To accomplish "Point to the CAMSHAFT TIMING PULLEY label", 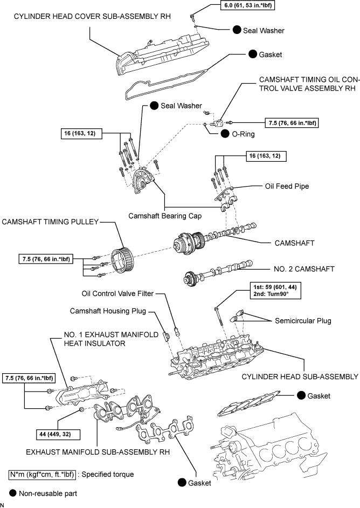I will (50, 222).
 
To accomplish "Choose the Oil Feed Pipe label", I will (287, 186).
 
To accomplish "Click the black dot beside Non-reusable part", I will (13, 493).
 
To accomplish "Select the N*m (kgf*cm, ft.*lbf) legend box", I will (43, 475).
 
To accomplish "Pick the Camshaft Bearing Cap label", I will (165, 215).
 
